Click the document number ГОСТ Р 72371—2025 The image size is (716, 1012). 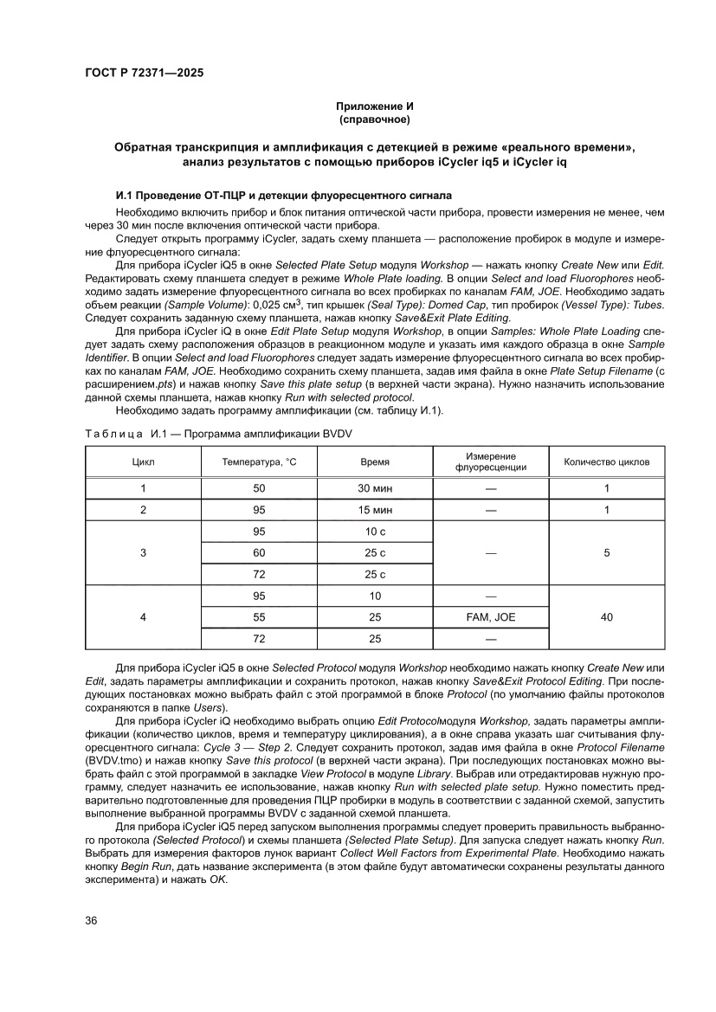click(x=144, y=74)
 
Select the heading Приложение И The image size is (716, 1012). click(x=374, y=105)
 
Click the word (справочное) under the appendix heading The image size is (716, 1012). click(x=374, y=118)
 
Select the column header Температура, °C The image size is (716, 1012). click(x=259, y=462)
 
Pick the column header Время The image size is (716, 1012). click(x=374, y=462)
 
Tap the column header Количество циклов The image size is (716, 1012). click(x=606, y=462)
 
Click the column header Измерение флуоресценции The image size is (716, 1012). click(x=490, y=462)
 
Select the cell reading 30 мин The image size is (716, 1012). click(x=375, y=488)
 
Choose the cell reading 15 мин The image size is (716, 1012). click(x=375, y=510)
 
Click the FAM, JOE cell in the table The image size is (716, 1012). click(x=491, y=617)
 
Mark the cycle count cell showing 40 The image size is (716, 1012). click(x=607, y=617)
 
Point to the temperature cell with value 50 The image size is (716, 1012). click(x=259, y=488)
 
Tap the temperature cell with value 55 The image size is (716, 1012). click(x=259, y=617)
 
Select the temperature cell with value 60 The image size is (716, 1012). click(x=259, y=552)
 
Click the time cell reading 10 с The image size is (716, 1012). click(x=375, y=531)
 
